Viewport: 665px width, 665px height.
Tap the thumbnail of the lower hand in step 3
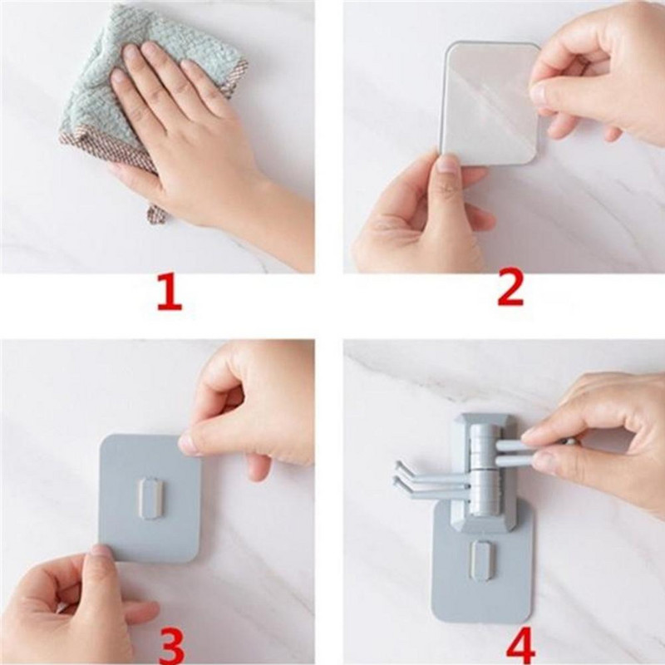click(101, 552)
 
